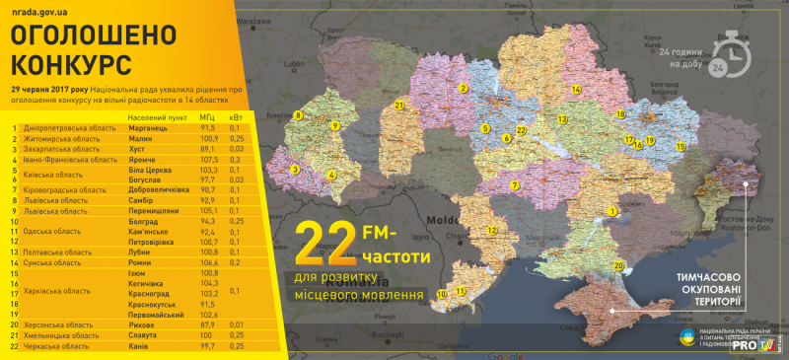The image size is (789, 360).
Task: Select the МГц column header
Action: pos(207,116)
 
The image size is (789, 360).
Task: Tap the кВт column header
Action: pos(236,116)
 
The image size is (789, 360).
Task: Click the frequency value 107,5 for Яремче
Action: pos(208,159)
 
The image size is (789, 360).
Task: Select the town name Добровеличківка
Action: pos(165,189)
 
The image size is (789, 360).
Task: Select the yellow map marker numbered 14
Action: pos(576,89)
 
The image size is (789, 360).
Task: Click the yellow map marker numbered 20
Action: pos(618,265)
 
